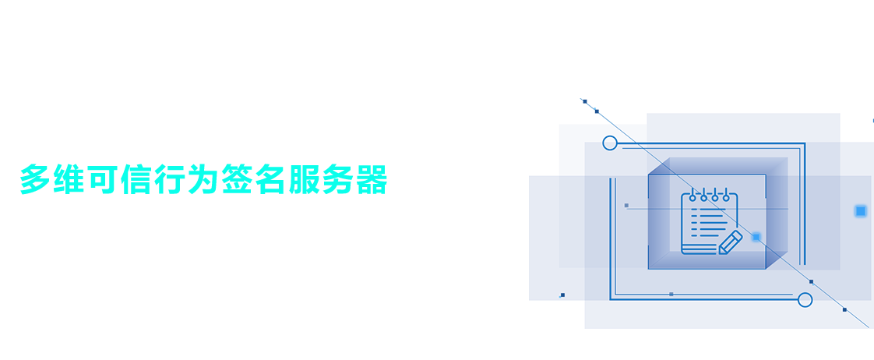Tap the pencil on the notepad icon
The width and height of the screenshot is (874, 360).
click(x=730, y=242)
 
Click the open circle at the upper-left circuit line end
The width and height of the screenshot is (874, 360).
click(x=610, y=143)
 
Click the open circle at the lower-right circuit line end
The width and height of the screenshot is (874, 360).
click(x=805, y=300)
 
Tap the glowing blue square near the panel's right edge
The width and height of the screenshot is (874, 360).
click(x=861, y=211)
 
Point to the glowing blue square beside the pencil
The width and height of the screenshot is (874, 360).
click(x=756, y=237)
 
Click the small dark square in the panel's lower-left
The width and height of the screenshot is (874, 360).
click(x=562, y=295)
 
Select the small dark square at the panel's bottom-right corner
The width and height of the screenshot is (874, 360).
click(x=844, y=310)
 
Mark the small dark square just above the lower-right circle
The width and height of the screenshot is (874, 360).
click(x=811, y=282)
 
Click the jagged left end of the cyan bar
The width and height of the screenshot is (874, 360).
click(x=24, y=178)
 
